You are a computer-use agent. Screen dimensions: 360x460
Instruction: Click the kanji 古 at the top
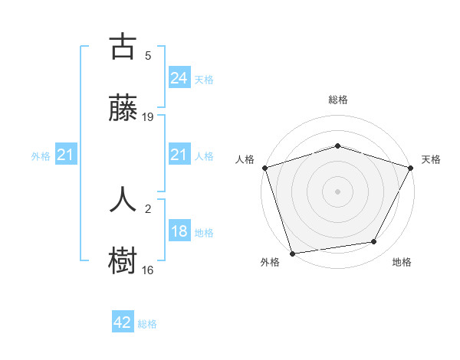pyautogui.click(x=123, y=47)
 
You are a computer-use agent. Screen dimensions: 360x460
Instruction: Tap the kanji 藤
pyautogui.click(x=123, y=108)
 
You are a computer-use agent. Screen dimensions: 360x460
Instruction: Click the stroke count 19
pyautogui.click(x=148, y=116)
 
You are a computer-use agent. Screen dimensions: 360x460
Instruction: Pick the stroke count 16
pyautogui.click(x=148, y=270)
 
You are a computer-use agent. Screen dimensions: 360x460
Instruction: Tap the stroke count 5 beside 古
pyautogui.click(x=148, y=55)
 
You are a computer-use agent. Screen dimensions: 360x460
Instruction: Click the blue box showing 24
pyautogui.click(x=179, y=77)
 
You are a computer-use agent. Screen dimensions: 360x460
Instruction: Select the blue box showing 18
pyautogui.click(x=179, y=231)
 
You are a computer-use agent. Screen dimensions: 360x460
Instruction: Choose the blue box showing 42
pyautogui.click(x=123, y=322)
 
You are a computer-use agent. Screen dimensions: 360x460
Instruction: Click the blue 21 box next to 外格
pyautogui.click(x=66, y=155)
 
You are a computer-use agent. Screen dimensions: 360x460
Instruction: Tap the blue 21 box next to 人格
pyautogui.click(x=179, y=155)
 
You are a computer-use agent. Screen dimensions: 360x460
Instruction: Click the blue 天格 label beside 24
pyautogui.click(x=204, y=79)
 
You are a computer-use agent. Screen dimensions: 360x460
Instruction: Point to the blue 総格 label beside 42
pyautogui.click(x=147, y=324)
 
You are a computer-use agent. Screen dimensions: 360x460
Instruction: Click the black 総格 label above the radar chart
pyautogui.click(x=337, y=100)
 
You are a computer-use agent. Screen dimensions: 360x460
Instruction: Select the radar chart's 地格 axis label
pyautogui.click(x=402, y=263)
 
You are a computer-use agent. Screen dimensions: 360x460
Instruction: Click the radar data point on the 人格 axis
pyautogui.click(x=264, y=168)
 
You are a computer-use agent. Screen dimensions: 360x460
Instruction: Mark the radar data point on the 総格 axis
pyautogui.click(x=337, y=146)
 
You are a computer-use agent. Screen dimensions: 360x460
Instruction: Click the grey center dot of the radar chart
pyautogui.click(x=337, y=191)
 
